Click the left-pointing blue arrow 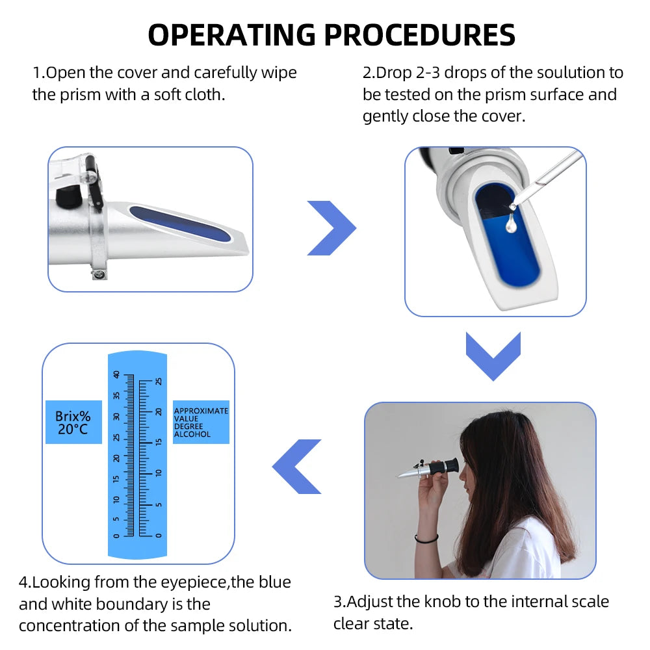click(x=298, y=466)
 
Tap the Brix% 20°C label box click(x=73, y=422)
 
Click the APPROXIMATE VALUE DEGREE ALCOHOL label click(x=201, y=422)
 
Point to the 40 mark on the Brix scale click(x=117, y=375)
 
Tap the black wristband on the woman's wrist click(x=426, y=539)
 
